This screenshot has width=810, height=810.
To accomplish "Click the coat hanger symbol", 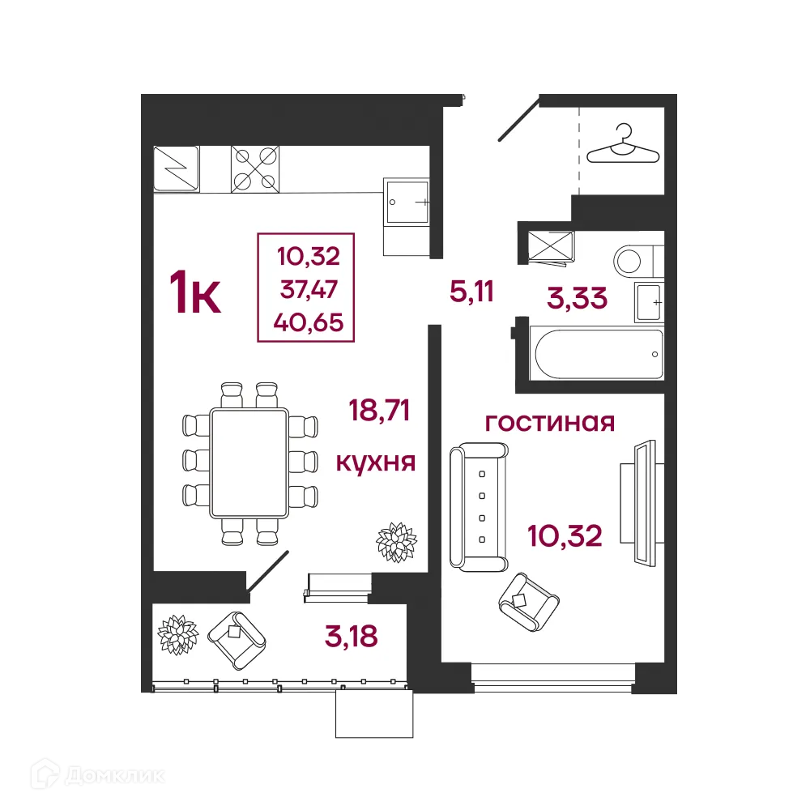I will (621, 143).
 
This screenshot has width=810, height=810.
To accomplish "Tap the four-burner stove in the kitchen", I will (255, 168).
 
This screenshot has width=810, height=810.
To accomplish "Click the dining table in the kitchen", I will (249, 463).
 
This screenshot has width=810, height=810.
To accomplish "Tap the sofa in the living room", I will (479, 505).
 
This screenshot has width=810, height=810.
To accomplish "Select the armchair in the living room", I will (529, 600).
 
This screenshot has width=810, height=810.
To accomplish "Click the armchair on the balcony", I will (237, 637).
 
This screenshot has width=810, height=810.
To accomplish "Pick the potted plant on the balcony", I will (177, 633).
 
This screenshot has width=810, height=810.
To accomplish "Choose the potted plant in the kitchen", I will (396, 541).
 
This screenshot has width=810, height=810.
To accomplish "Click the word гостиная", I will (550, 422).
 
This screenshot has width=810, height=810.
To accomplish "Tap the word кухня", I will (376, 463).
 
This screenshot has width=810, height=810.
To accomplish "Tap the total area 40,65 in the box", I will (309, 322).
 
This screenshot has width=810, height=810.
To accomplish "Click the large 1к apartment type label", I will (194, 293).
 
